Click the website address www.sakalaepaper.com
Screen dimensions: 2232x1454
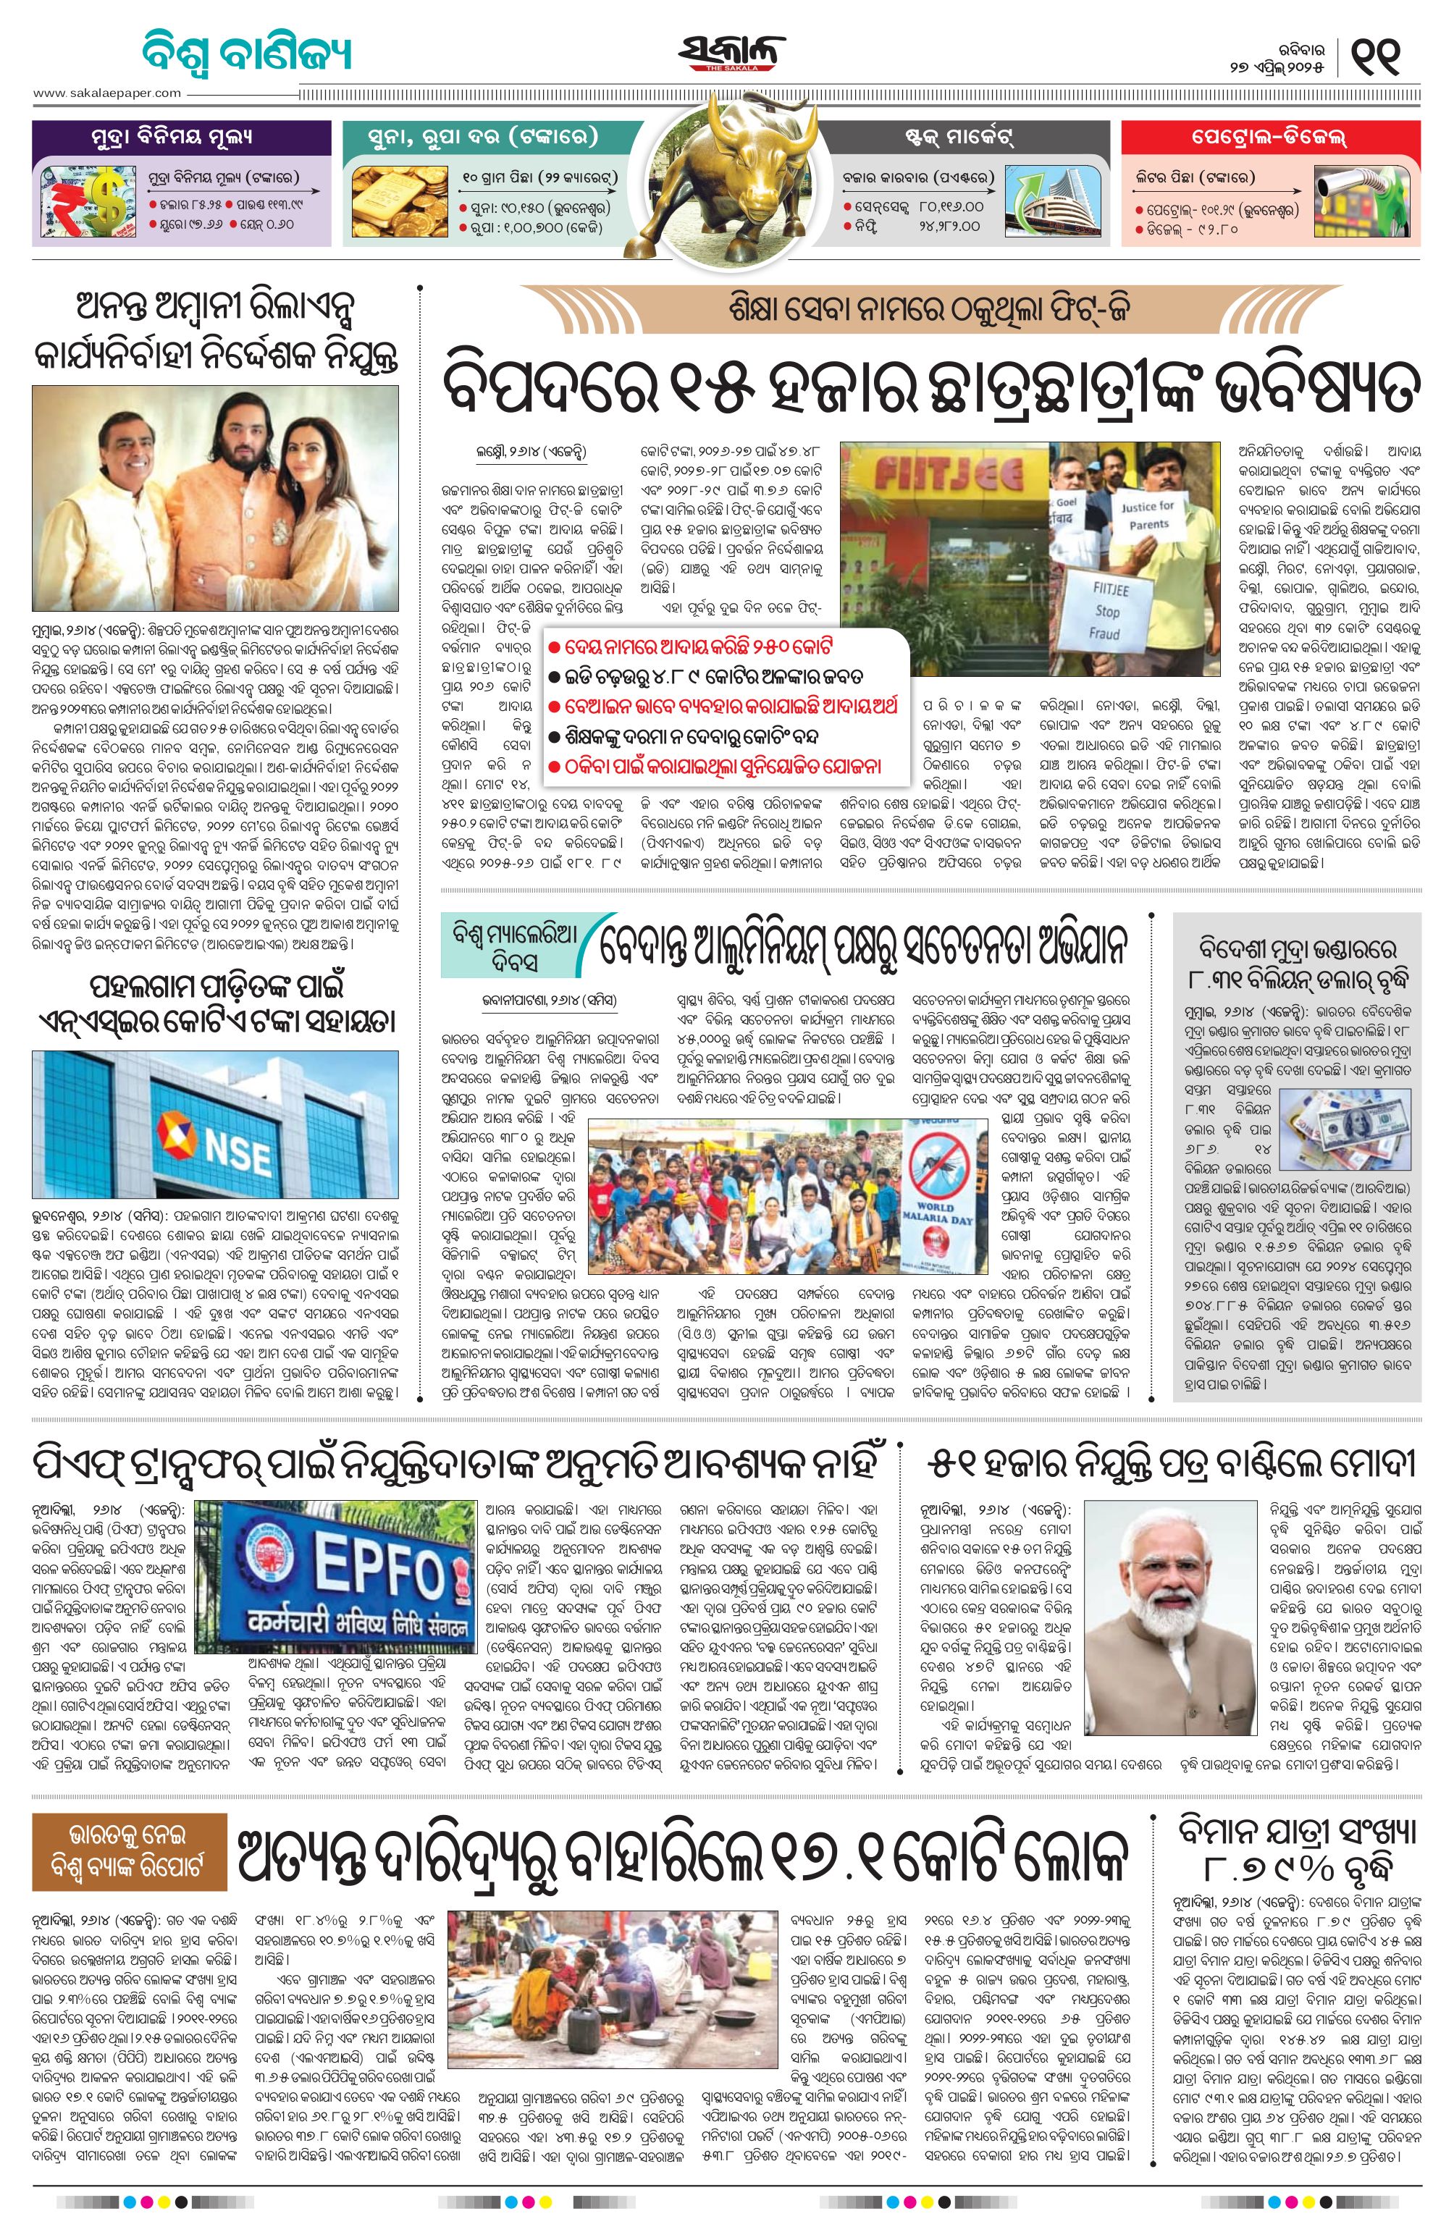tap(107, 93)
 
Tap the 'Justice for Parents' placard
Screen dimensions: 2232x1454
tap(1146, 514)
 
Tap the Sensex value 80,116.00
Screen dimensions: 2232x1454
tap(951, 206)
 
